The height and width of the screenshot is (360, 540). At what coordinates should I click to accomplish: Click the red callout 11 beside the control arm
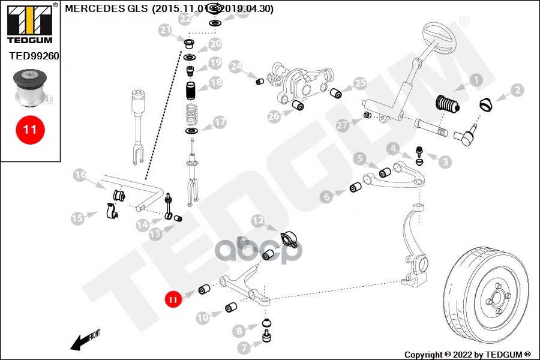click(x=173, y=298)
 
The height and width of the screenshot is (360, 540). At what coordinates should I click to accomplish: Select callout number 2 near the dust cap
click(x=518, y=91)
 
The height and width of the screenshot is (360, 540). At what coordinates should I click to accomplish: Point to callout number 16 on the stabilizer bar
click(x=80, y=175)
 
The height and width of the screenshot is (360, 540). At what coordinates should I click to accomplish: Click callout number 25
click(x=359, y=83)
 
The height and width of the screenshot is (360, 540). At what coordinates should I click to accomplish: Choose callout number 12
click(x=257, y=221)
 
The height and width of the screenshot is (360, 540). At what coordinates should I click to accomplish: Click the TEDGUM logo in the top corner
click(x=29, y=23)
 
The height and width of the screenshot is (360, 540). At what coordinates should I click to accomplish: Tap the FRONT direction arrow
click(x=84, y=340)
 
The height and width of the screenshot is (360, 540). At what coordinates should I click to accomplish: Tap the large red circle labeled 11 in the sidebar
click(x=30, y=129)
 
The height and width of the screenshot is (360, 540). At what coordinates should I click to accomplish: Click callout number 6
click(x=326, y=196)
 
